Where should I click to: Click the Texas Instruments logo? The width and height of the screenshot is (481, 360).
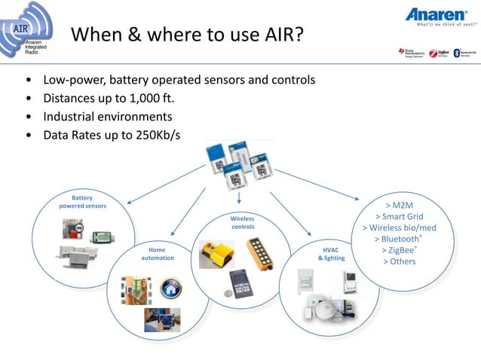411,53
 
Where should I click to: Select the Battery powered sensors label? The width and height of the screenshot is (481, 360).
82,201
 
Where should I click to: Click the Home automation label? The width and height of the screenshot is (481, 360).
158,253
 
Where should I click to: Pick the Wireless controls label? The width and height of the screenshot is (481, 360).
243,222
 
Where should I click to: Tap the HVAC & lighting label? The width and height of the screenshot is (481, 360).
331,253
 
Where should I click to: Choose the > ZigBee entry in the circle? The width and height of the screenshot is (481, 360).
399,249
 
